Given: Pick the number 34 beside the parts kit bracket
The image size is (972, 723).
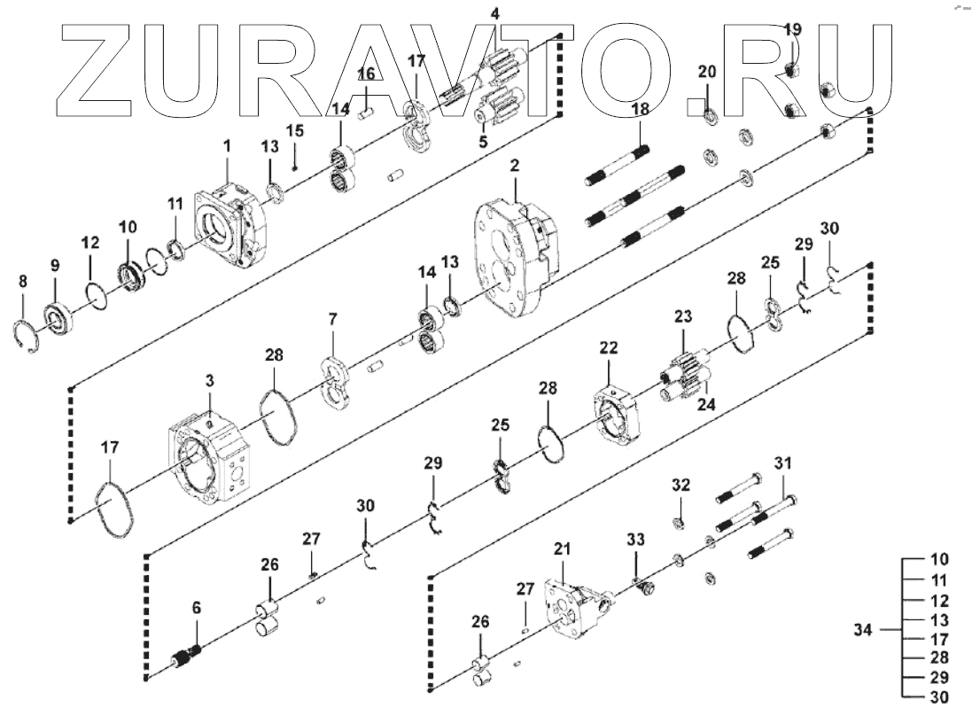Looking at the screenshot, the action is coord(863,630).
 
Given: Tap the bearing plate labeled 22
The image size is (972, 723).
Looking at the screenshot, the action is coord(616,412).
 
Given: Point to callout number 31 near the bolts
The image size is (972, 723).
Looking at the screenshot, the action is coord(783,463).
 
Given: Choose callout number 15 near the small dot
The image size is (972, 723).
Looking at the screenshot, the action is coord(295,131).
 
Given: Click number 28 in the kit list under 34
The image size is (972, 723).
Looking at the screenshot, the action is coord(938,657).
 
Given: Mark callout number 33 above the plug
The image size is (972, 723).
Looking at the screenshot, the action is coord(636,539).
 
